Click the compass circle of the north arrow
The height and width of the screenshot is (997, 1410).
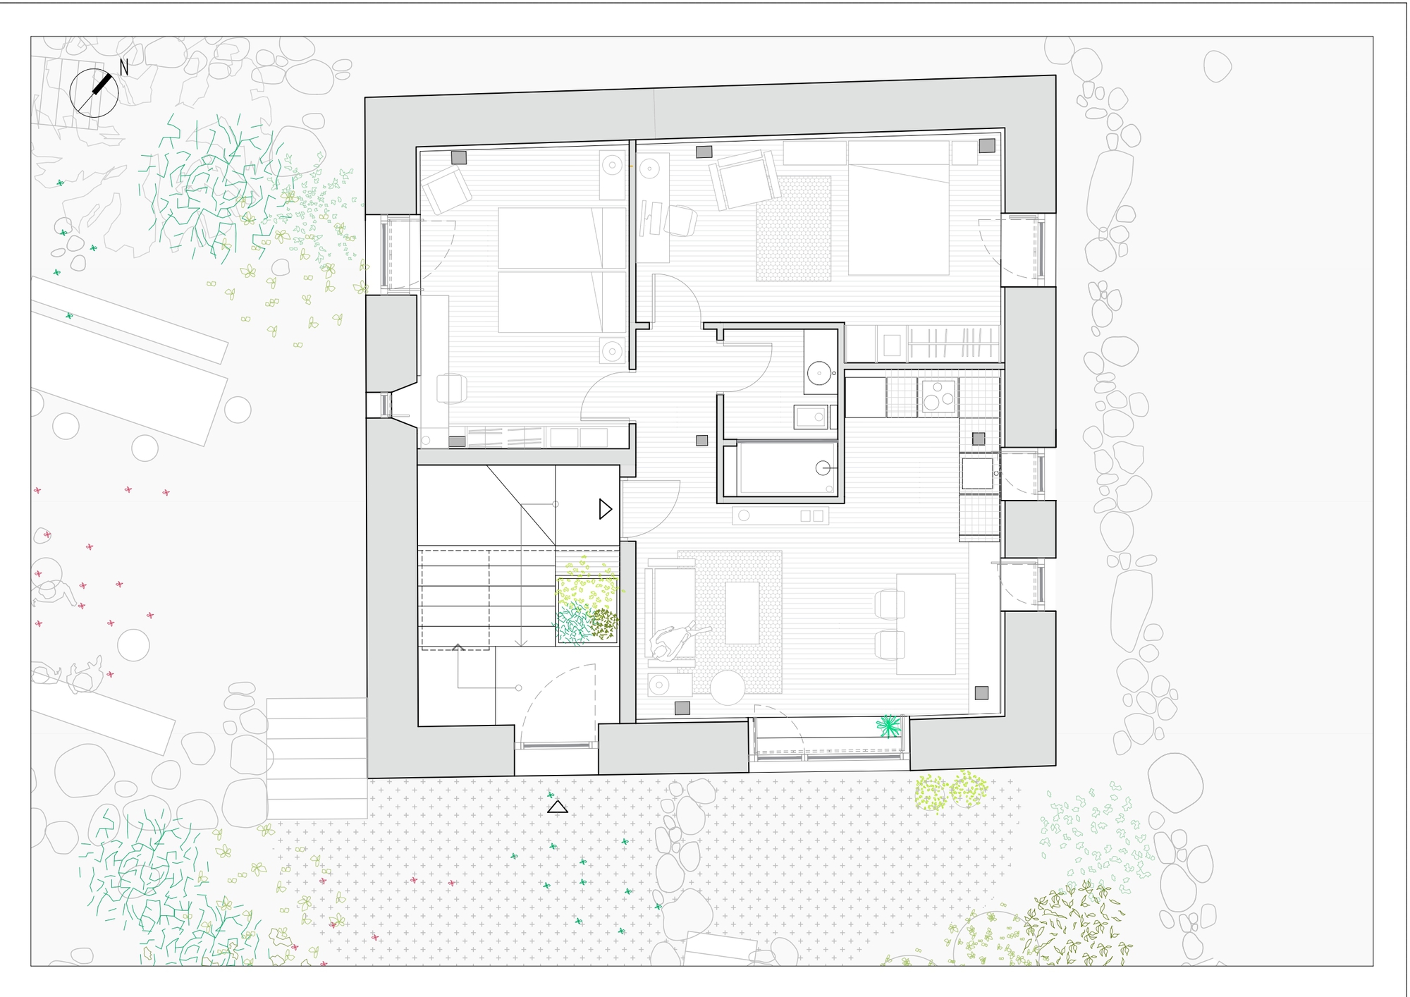94,92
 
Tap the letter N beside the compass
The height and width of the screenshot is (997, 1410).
124,68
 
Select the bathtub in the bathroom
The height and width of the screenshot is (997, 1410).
785,468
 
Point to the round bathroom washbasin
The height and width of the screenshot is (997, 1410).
819,372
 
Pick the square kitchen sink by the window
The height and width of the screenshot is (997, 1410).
977,473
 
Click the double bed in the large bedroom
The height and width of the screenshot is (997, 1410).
898,208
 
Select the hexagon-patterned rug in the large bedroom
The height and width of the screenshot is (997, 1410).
794,228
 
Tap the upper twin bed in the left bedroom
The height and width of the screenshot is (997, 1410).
562,238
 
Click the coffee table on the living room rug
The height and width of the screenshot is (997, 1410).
742,612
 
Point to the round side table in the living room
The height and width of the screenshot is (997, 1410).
728,687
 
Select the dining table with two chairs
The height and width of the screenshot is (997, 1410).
926,624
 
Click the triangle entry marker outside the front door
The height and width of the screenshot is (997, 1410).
558,807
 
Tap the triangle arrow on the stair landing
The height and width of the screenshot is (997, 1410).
605,509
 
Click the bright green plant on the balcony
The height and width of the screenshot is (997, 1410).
888,726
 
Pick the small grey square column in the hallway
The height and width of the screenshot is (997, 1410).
701,440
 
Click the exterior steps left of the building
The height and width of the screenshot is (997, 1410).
317,758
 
